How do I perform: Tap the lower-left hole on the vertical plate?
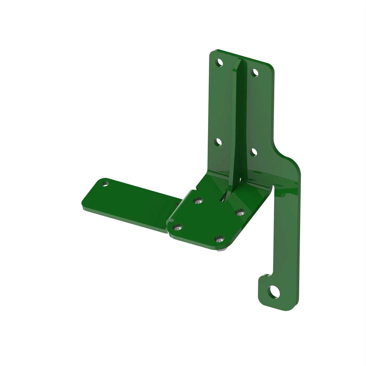[218, 142]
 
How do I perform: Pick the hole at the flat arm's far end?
[106, 184]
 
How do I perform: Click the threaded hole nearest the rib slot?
[199, 200]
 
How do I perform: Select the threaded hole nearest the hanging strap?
[240, 212]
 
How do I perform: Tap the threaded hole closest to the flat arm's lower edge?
[178, 227]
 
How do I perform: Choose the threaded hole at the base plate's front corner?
[219, 239]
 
